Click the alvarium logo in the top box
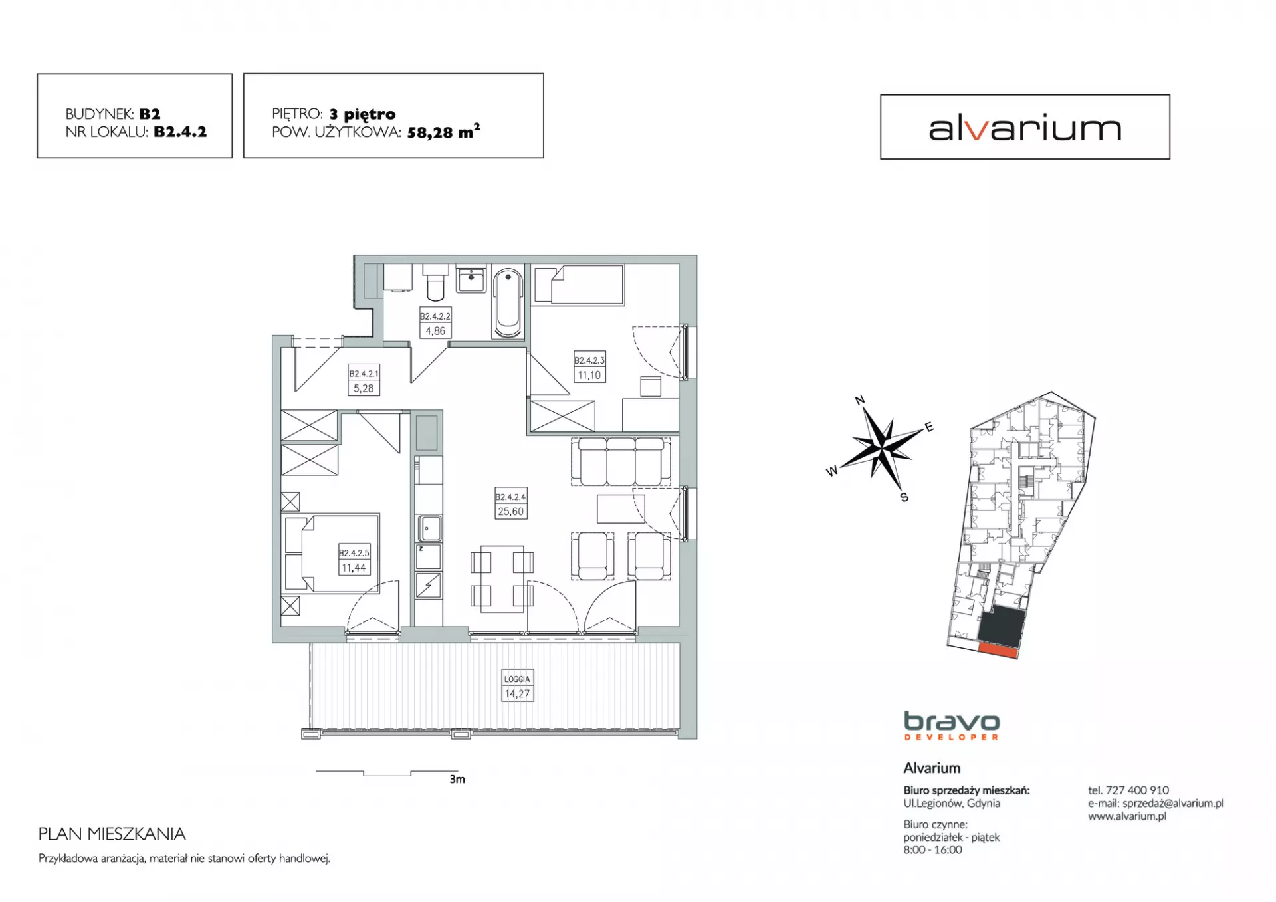tap(1025, 128)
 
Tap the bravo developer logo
tap(952, 726)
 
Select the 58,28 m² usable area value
tap(443, 131)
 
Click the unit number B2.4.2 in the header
tap(180, 132)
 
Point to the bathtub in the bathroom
tap(508, 302)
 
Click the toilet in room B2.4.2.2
tap(435, 282)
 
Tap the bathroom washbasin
tap(471, 279)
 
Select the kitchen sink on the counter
tap(429, 529)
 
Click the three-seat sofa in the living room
tap(620, 461)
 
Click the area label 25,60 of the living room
tap(510, 511)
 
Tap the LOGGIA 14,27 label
tap(517, 686)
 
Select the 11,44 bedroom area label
tap(354, 568)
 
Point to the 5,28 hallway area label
tap(364, 388)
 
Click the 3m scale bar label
tap(457, 779)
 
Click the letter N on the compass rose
tap(859, 399)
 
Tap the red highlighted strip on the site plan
tap(998, 650)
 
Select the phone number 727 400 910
tap(1137, 790)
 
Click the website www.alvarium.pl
tap(1127, 816)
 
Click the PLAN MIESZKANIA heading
tap(112, 834)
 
